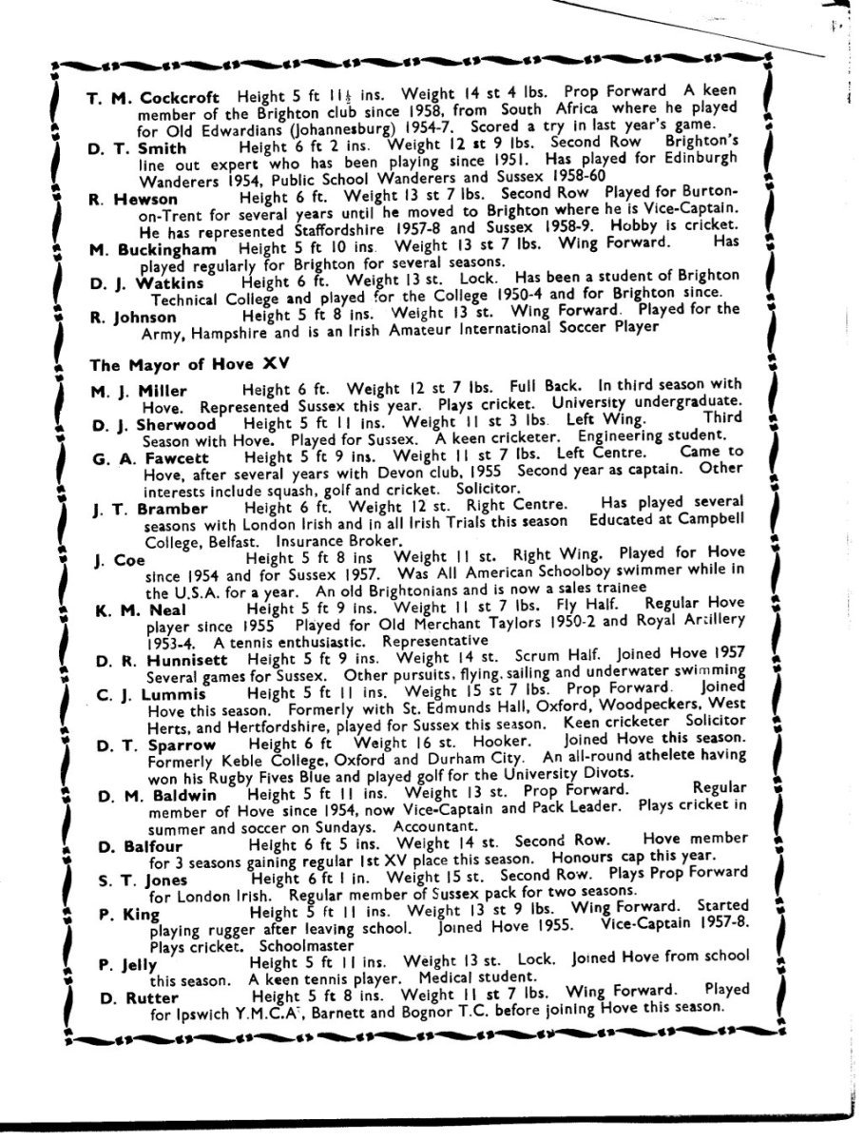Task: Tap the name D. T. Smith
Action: [x=134, y=150]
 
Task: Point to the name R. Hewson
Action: [x=135, y=199]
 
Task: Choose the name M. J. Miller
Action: [x=139, y=392]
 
